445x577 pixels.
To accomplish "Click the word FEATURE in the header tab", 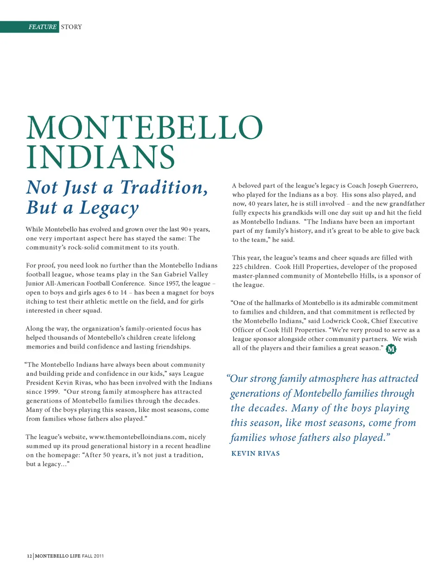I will point(42,27).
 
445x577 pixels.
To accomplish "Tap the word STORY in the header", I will point(71,27).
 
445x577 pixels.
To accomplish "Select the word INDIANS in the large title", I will point(101,157).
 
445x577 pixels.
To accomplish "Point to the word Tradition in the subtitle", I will point(163,187).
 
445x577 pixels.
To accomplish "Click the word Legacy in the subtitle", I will point(109,208).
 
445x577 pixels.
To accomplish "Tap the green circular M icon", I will point(391,349).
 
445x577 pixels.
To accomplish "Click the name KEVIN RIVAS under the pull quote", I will point(255,453).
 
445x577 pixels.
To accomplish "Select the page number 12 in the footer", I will point(29,556).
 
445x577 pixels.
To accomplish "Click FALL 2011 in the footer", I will point(93,556).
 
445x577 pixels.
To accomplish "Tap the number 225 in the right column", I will point(238,266).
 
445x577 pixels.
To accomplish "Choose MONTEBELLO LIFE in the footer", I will point(57,556).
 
